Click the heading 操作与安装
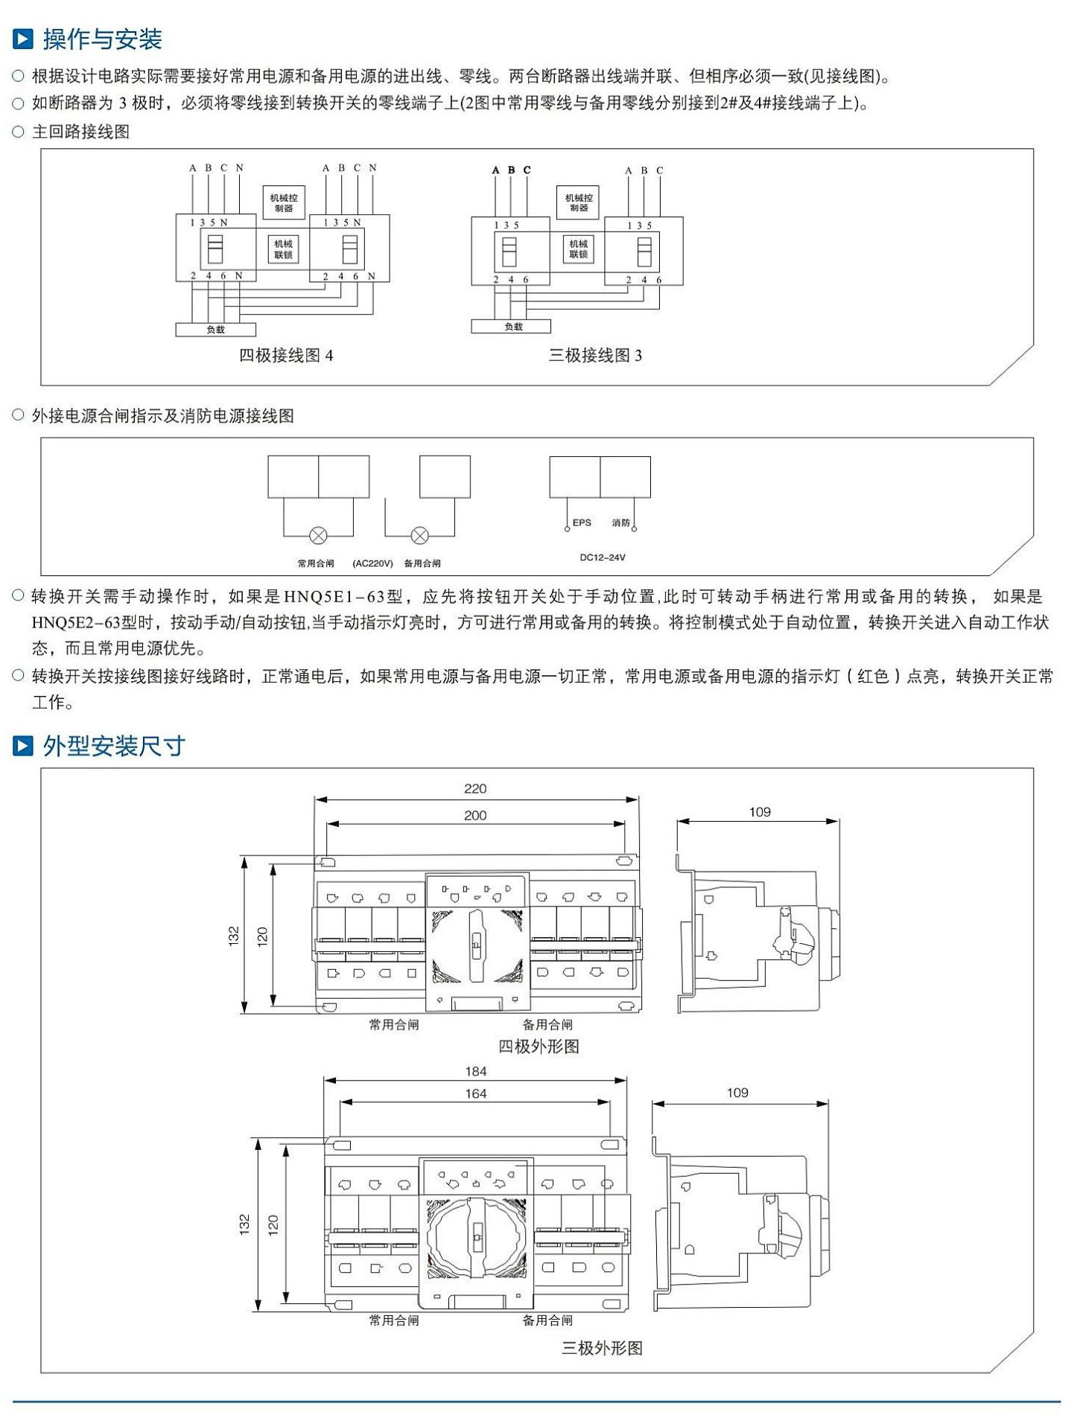tap(102, 39)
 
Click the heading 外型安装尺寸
tap(113, 745)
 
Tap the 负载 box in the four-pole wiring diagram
tap(215, 329)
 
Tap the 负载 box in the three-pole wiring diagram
tap(512, 326)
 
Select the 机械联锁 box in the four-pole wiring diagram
tap(283, 249)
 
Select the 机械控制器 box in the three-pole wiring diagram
tap(579, 202)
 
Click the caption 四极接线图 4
tap(286, 355)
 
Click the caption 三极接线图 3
tap(595, 355)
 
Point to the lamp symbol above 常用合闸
tap(318, 534)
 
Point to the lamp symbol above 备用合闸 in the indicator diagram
tap(420, 534)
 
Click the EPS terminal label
tap(582, 523)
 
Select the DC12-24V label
tap(603, 557)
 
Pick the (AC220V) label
tap(372, 563)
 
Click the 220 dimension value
tap(475, 788)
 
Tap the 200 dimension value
tap(475, 815)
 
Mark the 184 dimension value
tap(476, 1071)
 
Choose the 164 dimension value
tap(476, 1093)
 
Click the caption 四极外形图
tap(539, 1046)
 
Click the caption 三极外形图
tap(602, 1348)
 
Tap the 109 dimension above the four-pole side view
tap(760, 811)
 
